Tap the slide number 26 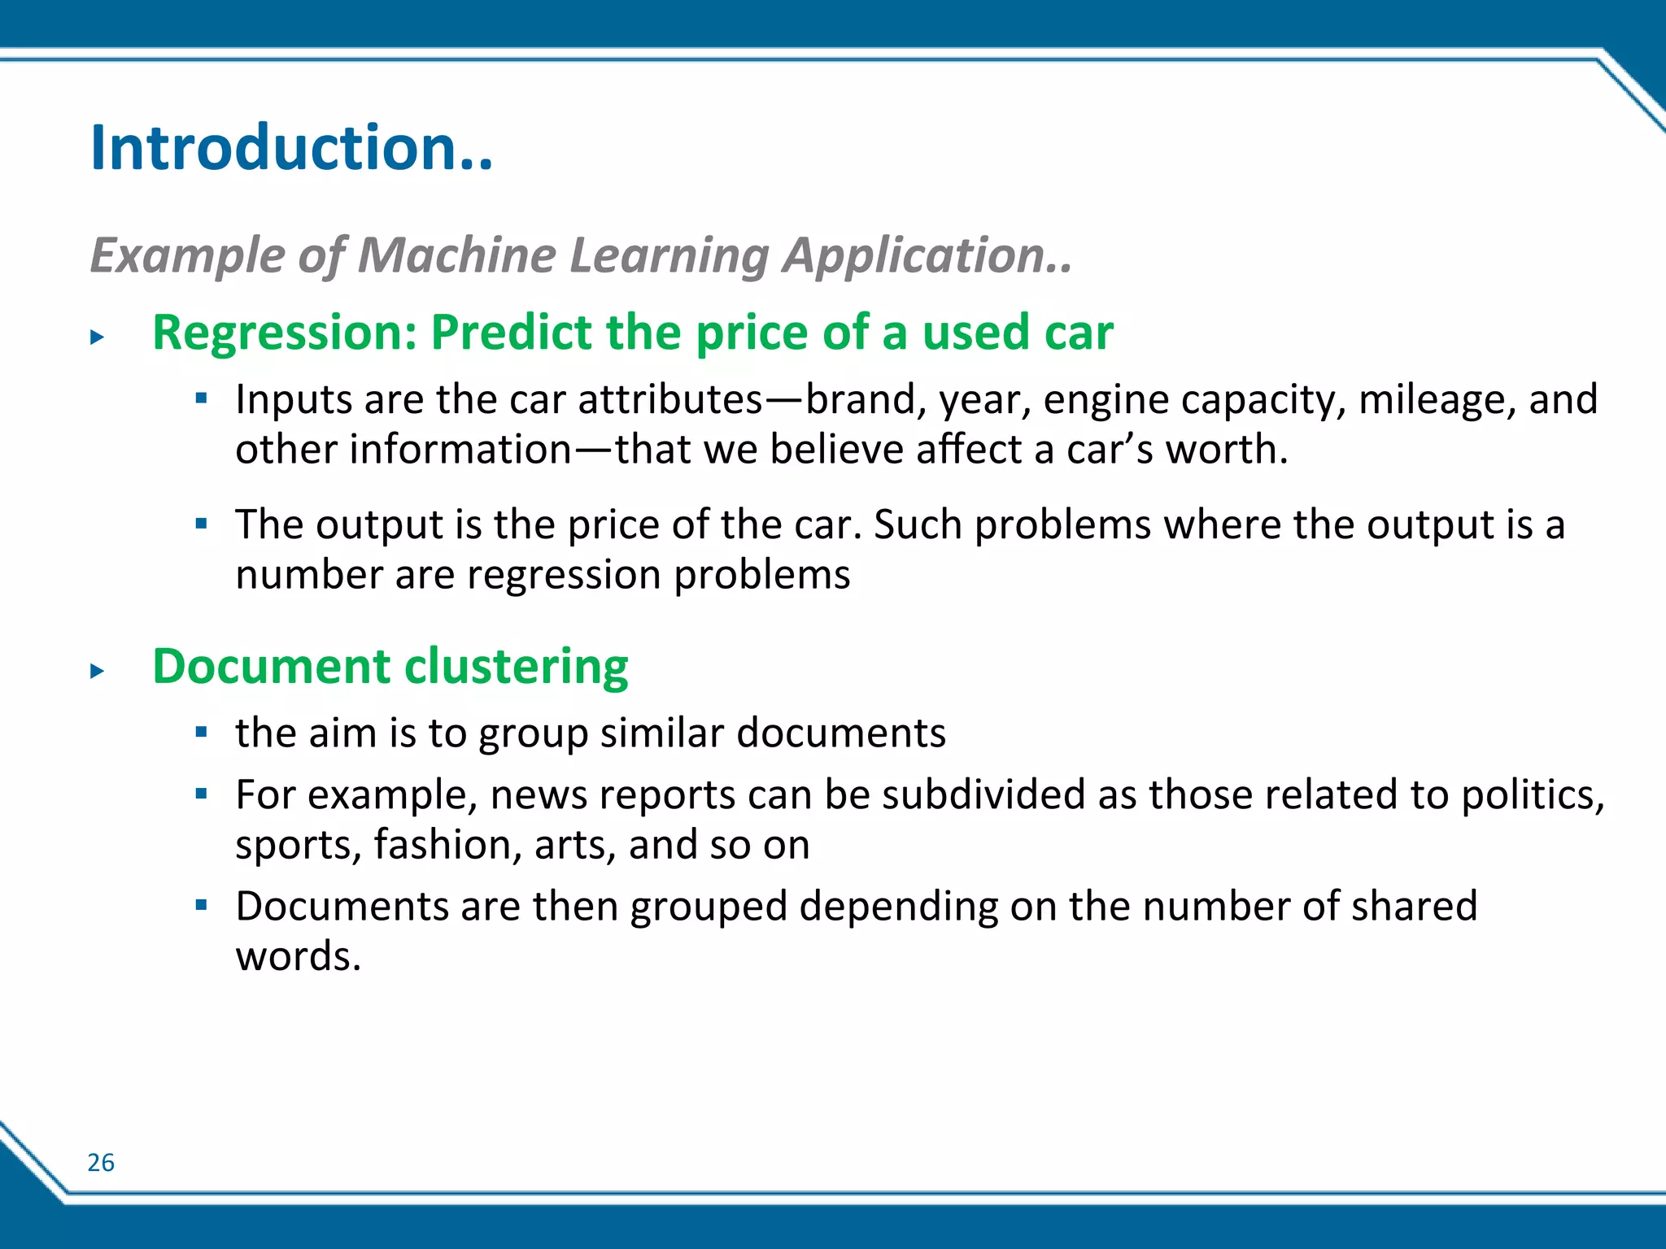(x=101, y=1162)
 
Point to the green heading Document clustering (x=390, y=667)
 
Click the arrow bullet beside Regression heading (x=98, y=337)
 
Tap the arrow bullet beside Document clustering (x=98, y=671)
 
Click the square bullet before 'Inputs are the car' (x=202, y=398)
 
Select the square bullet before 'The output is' (x=202, y=523)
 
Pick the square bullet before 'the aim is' (x=202, y=732)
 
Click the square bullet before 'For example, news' (x=202, y=794)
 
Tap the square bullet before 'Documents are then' (x=202, y=904)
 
